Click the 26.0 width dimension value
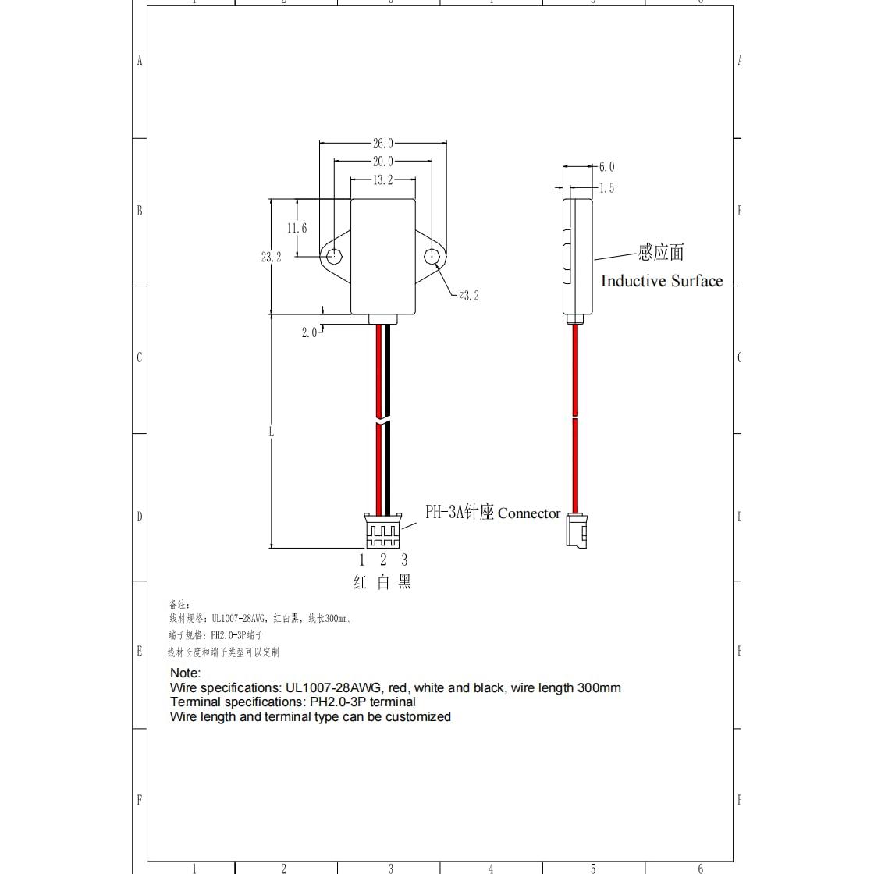(x=382, y=144)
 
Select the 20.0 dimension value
(x=382, y=162)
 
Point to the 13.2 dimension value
(x=382, y=180)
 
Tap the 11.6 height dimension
(x=297, y=229)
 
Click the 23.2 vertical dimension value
(x=271, y=257)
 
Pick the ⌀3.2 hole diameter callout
(x=468, y=295)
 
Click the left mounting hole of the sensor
(x=334, y=256)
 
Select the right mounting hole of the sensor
(x=431, y=256)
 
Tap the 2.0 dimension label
(x=309, y=332)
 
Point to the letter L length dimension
(x=271, y=431)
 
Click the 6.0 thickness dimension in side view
(x=606, y=167)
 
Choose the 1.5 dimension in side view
(x=606, y=188)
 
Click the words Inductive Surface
(x=662, y=281)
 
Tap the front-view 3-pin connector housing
(x=382, y=531)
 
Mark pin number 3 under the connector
(x=404, y=560)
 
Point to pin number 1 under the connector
(x=362, y=560)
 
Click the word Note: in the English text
(x=186, y=673)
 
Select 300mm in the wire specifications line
(x=599, y=687)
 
